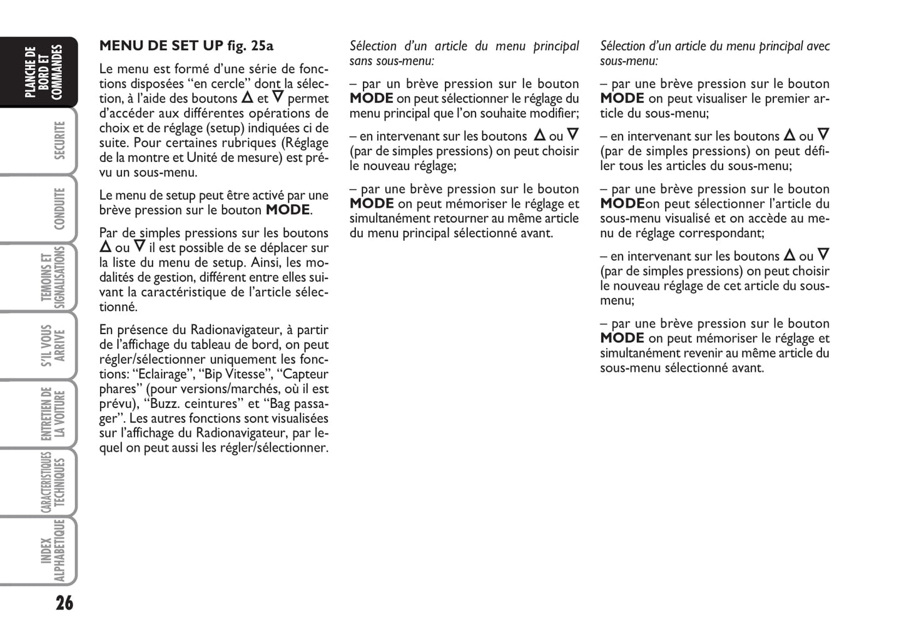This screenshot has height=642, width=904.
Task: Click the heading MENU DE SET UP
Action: click(x=161, y=46)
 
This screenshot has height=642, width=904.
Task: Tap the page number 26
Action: click(x=64, y=603)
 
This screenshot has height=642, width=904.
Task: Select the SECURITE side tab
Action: click(x=60, y=140)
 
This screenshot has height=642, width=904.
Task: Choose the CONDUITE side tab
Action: click(x=60, y=208)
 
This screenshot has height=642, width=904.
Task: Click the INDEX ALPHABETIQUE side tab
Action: click(x=53, y=551)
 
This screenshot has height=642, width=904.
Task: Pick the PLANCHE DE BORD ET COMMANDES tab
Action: click(x=45, y=72)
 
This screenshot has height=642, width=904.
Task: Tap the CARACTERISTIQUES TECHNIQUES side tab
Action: click(x=53, y=482)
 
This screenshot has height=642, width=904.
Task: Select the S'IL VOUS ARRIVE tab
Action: click(x=53, y=345)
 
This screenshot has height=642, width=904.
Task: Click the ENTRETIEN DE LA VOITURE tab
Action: click(x=53, y=414)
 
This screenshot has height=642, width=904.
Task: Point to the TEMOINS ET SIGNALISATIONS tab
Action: click(x=53, y=277)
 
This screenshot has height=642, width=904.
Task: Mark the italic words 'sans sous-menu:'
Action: click(x=392, y=61)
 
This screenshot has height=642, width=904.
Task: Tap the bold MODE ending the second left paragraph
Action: click(x=288, y=210)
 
